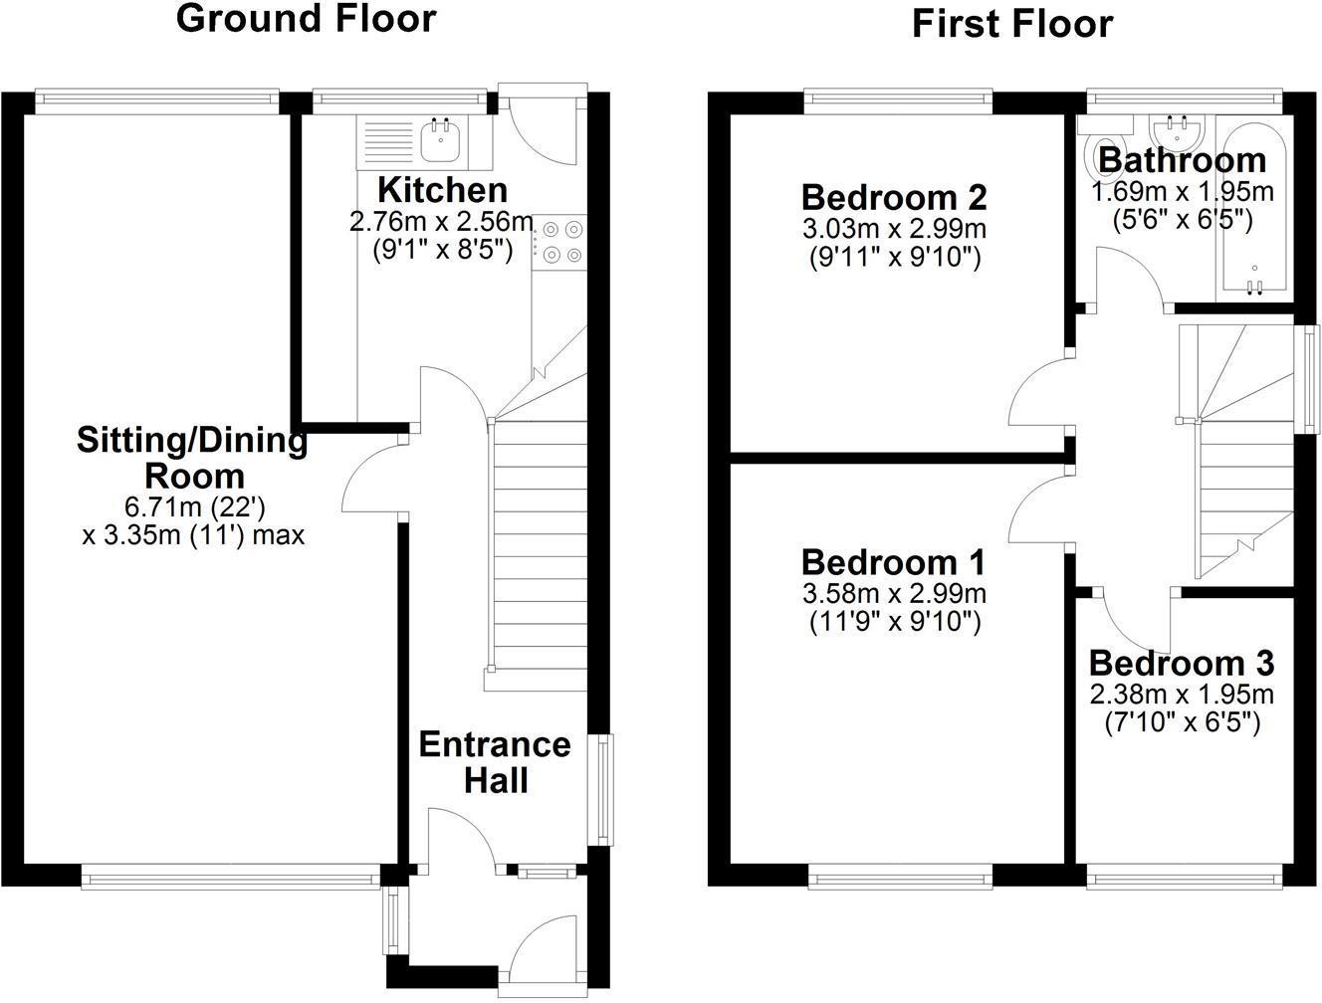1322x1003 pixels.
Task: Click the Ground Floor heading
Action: click(306, 19)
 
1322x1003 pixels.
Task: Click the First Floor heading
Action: click(1011, 24)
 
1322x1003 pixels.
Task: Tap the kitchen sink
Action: click(439, 140)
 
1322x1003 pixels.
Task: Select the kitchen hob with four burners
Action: click(561, 242)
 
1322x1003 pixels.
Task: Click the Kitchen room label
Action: click(442, 189)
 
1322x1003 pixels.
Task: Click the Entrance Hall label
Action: click(495, 762)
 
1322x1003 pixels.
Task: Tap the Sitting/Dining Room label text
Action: click(192, 457)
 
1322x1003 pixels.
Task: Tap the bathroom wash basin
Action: click(1179, 131)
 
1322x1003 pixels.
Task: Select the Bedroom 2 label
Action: click(894, 197)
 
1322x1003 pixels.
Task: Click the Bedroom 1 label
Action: click(893, 562)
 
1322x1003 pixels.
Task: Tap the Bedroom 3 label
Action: click(1182, 663)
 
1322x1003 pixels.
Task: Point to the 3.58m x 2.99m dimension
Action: click(893, 594)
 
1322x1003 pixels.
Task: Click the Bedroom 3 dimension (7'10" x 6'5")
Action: click(1182, 723)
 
